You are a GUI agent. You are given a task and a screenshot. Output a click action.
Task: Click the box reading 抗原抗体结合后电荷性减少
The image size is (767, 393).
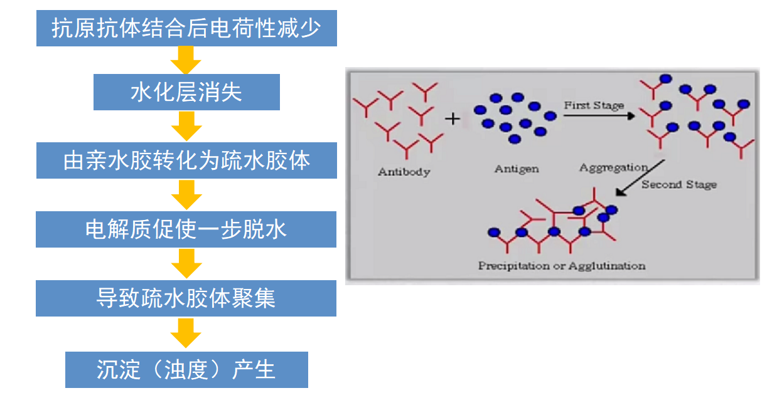tap(186, 29)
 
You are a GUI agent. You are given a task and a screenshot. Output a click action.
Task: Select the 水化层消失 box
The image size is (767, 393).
tap(186, 93)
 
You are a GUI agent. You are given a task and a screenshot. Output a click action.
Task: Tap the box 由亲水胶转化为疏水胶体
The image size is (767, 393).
tap(186, 160)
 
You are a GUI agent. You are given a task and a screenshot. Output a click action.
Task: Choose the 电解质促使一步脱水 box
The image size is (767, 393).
tap(186, 229)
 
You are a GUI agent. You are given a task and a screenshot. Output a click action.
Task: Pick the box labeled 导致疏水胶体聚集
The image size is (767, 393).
tap(186, 298)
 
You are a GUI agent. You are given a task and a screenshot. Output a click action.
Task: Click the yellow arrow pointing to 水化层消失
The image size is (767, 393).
tap(186, 61)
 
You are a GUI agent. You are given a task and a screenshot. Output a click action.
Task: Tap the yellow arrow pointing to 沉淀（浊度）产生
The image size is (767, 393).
tap(186, 333)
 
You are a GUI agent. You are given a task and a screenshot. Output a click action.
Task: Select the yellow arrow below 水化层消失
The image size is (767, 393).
tap(186, 126)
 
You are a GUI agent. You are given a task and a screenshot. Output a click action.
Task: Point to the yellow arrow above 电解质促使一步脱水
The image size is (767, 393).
tap(186, 195)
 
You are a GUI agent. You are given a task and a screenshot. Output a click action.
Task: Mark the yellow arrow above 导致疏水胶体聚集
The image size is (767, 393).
tap(186, 264)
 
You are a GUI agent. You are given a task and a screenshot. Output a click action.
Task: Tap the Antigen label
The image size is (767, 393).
tap(516, 169)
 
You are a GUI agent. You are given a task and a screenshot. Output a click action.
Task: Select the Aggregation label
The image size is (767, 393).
tap(613, 168)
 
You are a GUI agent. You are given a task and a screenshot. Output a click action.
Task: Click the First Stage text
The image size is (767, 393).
tap(593, 105)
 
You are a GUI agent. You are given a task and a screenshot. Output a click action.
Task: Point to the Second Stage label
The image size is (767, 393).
tap(678, 185)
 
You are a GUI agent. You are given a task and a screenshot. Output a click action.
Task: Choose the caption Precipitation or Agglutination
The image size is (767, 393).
tap(561, 266)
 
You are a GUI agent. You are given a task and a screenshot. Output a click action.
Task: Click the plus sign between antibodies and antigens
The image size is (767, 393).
tap(453, 118)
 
